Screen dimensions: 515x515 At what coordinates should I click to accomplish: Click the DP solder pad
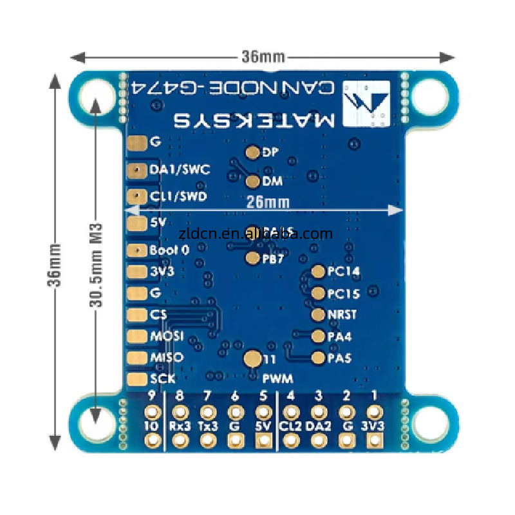(252, 153)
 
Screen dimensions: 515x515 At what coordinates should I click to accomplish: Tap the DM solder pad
(252, 182)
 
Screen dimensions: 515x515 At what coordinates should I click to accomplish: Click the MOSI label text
(167, 336)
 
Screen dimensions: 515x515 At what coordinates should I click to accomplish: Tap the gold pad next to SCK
(137, 379)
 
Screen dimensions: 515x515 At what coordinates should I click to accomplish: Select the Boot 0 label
(169, 250)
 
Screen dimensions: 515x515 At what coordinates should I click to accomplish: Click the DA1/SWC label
(180, 170)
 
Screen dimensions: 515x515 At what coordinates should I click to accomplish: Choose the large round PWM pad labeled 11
(253, 359)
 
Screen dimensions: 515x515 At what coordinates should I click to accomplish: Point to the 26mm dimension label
(267, 202)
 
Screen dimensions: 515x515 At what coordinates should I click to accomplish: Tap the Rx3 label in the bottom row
(180, 426)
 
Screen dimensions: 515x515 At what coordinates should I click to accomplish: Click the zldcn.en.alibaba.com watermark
(256, 234)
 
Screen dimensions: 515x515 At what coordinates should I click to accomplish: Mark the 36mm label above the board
(263, 56)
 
